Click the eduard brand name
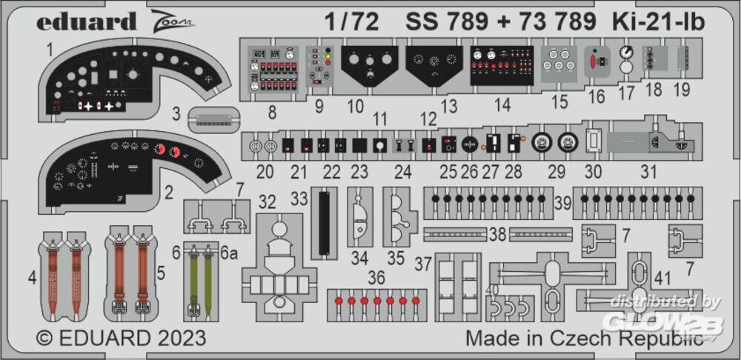87,21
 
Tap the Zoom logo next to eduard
173,20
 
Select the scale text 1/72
351,21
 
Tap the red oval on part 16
595,62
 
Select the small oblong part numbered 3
213,119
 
